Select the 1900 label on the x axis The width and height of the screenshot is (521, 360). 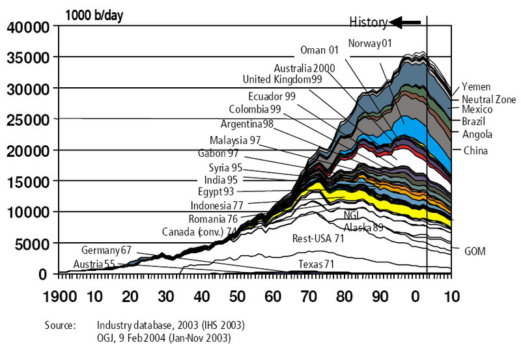tap(60, 296)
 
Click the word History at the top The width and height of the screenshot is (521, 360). tap(369, 22)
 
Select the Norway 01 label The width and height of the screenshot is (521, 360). tap(369, 44)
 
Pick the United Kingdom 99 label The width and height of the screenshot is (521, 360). tap(282, 79)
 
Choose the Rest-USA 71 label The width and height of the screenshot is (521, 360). tap(318, 239)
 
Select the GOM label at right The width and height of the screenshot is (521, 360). tap(475, 251)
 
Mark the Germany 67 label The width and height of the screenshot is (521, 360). tap(106, 250)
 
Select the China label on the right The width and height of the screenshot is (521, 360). tap(476, 150)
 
